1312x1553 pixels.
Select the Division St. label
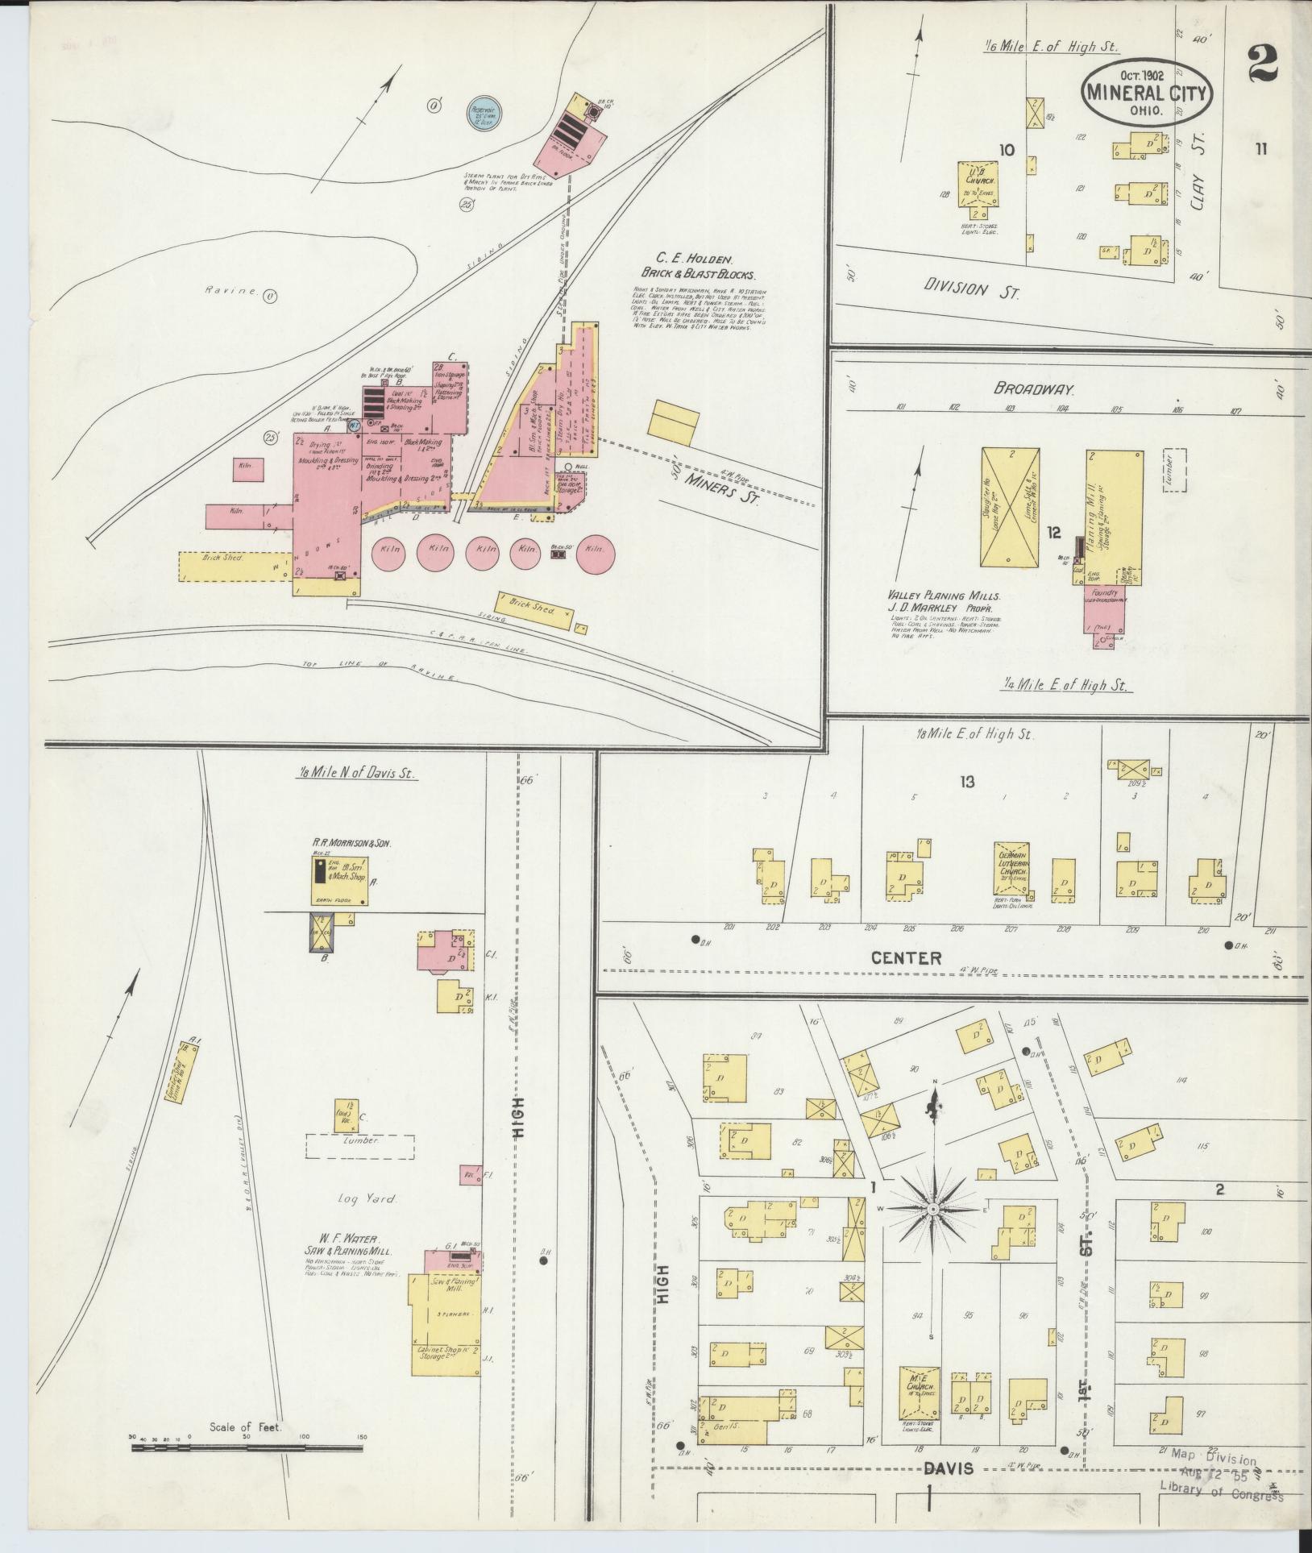[971, 288]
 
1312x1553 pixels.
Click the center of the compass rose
[932, 1209]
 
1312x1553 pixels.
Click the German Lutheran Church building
[1012, 870]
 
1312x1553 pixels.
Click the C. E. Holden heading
[693, 260]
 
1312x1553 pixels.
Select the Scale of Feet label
[244, 1427]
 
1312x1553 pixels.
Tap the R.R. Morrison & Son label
[352, 843]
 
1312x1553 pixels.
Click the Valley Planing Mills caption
[940, 596]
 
